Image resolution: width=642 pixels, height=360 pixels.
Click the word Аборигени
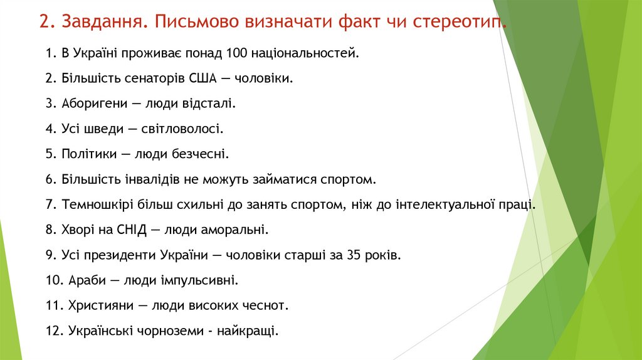pos(91,103)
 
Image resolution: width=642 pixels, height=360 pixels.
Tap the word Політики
pos(86,154)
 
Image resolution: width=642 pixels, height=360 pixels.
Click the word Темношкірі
pos(96,205)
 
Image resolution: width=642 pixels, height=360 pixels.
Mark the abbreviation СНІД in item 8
pos(130,230)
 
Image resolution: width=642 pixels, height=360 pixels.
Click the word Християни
pos(96,306)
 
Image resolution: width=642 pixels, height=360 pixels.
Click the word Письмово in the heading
pos(192,23)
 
